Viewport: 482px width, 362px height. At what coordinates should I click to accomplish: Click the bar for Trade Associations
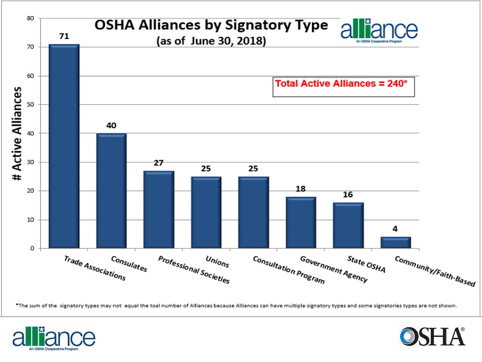click(x=64, y=146)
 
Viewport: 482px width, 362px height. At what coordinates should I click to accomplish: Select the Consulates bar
click(x=111, y=191)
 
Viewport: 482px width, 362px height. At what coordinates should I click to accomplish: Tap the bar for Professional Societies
click(x=159, y=210)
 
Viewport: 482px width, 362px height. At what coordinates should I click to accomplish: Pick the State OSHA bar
click(x=348, y=226)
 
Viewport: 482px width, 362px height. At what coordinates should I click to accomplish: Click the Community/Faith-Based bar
click(x=396, y=243)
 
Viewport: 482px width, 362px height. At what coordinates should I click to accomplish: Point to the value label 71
click(x=64, y=37)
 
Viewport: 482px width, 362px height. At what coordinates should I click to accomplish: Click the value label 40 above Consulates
click(x=111, y=125)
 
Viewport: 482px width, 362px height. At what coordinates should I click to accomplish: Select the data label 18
click(x=301, y=189)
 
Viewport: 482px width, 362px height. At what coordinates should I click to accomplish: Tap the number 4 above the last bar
click(x=396, y=229)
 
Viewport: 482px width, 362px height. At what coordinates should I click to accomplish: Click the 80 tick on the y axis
click(x=31, y=19)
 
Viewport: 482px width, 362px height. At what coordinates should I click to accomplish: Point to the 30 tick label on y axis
click(x=31, y=162)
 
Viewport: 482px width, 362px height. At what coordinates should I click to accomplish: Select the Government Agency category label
click(x=334, y=269)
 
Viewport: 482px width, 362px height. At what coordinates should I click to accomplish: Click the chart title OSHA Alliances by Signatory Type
click(x=211, y=26)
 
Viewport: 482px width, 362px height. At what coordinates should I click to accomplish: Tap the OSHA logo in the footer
click(x=433, y=336)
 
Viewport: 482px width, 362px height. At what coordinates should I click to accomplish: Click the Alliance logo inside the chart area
click(x=379, y=31)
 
